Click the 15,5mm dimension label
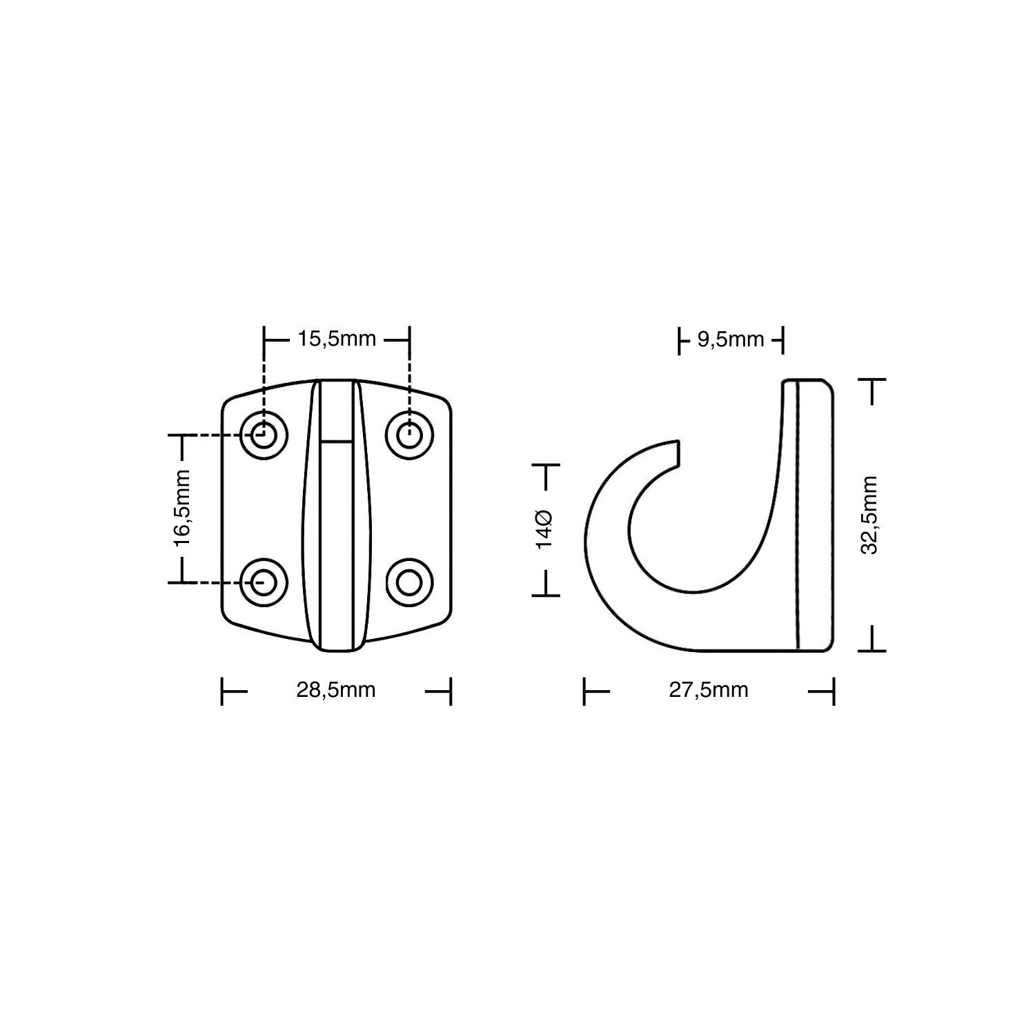click(336, 339)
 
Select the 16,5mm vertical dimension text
click(182, 509)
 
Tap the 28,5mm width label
click(336, 690)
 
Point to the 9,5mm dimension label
click(730, 339)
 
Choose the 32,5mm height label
click(870, 515)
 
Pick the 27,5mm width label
click(708, 690)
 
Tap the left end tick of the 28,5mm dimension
click(223, 691)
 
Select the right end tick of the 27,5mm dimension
click(833, 691)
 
